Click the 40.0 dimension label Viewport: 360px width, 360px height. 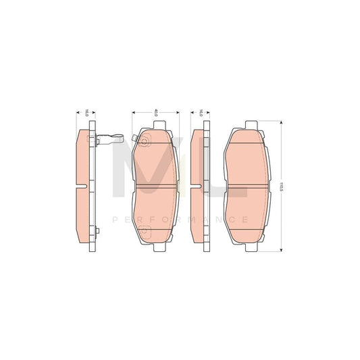pyautogui.click(x=156, y=112)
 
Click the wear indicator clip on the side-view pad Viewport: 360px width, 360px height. pyautogui.click(x=111, y=141)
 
